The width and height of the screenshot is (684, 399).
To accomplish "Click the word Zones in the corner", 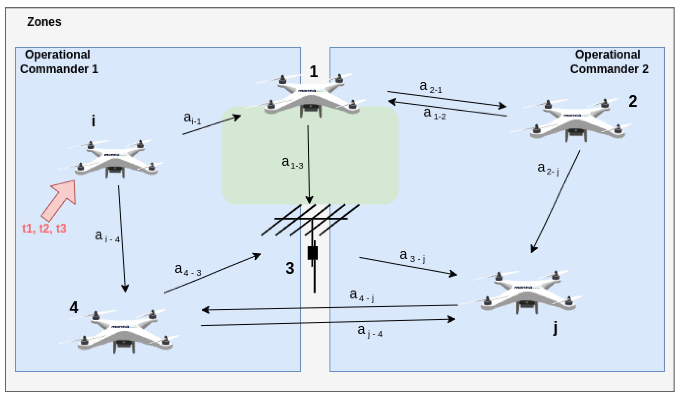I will pyautogui.click(x=44, y=22).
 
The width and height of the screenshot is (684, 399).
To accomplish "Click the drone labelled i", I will pyautogui.click(x=114, y=160).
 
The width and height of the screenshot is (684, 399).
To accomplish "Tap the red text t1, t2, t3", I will pyautogui.click(x=44, y=228).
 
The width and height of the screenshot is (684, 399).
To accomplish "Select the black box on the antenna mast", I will pyautogui.click(x=313, y=253).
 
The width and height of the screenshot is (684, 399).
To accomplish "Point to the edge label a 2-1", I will pyautogui.click(x=430, y=87).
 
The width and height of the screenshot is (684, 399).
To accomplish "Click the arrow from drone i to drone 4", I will pyautogui.click(x=122, y=239).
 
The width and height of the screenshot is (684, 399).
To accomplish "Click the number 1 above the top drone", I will pyautogui.click(x=313, y=72).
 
